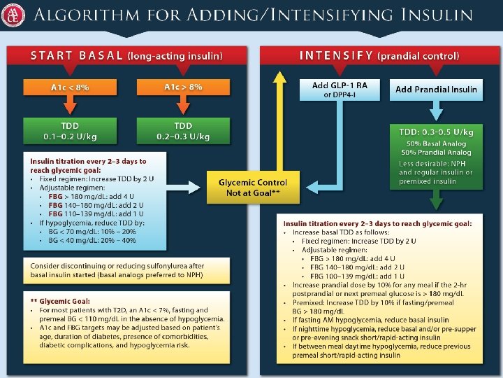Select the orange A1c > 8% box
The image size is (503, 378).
tap(183, 87)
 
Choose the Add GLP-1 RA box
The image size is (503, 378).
tap(340, 90)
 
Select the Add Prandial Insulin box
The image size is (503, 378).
tap(436, 90)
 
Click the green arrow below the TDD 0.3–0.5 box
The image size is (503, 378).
tap(436, 201)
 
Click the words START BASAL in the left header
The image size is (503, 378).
tap(77, 55)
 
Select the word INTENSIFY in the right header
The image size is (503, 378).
tap(336, 55)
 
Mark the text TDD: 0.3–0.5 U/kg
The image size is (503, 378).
tap(436, 132)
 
